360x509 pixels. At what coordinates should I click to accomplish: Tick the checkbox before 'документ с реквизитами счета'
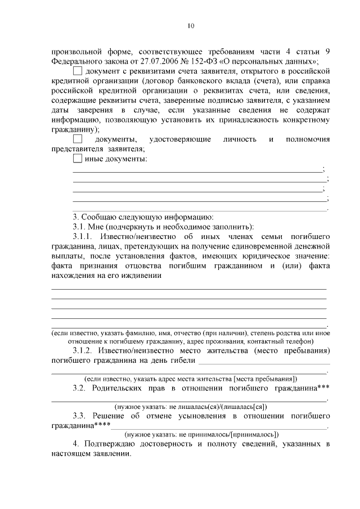(78, 71)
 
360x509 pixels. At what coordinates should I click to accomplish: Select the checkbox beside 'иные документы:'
(78, 159)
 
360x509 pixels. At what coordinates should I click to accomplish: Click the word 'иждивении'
(143, 276)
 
